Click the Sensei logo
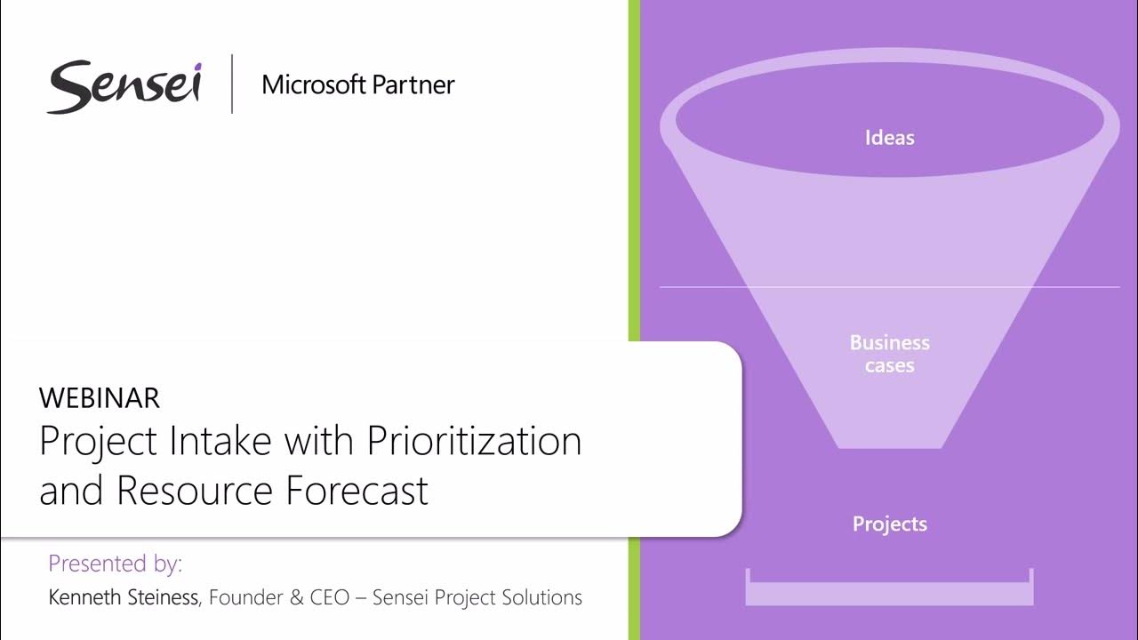(x=124, y=86)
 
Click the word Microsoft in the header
(x=314, y=85)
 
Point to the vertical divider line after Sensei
(x=232, y=84)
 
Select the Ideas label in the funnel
(x=889, y=138)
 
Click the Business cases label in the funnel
(x=889, y=354)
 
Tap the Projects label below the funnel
(x=889, y=524)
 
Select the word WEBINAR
(x=100, y=398)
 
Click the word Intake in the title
(x=227, y=442)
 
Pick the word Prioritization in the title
(x=474, y=442)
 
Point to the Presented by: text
(x=115, y=564)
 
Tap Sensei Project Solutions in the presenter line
(x=477, y=597)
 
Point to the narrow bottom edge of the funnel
(x=889, y=446)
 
